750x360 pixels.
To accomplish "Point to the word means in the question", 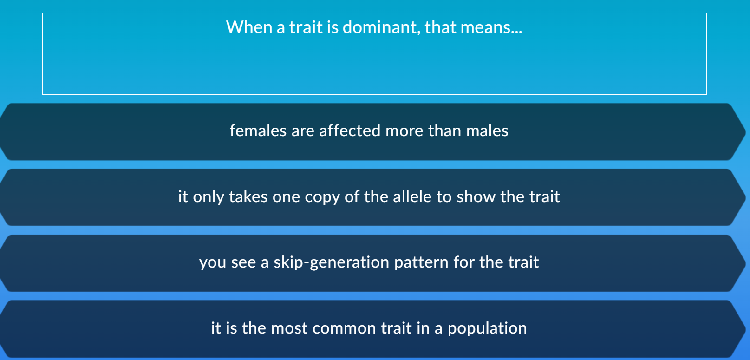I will pos(490,27).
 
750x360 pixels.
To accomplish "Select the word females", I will pos(258,131).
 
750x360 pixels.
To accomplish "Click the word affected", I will pos(350,131).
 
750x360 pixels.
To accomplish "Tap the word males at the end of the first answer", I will pos(487,131).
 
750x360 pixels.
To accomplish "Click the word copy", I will pos(322,197).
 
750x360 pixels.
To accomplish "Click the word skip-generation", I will pos(331,263).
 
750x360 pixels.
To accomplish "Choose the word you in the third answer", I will pos(213,263).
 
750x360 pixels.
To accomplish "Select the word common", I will pos(344,328).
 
